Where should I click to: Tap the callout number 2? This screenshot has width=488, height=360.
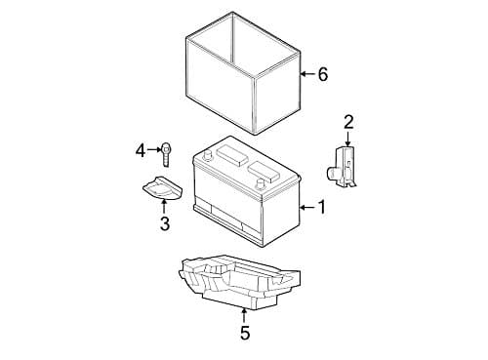tap(348, 122)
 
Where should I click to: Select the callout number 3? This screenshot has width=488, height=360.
tap(164, 224)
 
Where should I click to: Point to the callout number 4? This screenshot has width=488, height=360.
tap(141, 150)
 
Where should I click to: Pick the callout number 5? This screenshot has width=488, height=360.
tap(244, 334)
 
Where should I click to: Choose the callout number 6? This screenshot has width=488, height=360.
tap(322, 74)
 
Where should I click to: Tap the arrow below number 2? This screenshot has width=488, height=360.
tap(348, 140)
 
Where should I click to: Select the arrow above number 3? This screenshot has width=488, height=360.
tap(164, 206)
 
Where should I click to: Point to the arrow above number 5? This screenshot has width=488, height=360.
tap(244, 314)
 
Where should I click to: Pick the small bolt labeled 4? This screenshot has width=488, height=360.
tap(168, 152)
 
